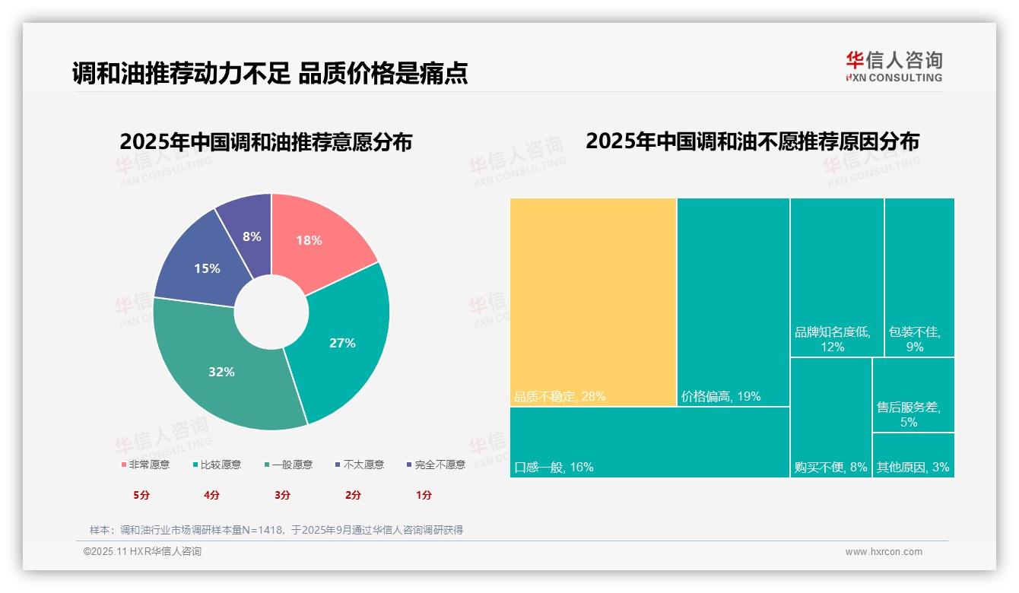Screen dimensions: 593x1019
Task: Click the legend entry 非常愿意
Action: (145, 465)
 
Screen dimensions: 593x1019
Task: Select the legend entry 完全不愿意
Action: (436, 465)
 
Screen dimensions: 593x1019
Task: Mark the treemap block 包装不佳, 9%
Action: (919, 277)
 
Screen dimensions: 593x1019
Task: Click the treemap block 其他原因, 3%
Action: (913, 455)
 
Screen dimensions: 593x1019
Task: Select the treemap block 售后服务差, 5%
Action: (913, 395)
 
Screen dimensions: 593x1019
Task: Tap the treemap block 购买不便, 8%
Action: (830, 417)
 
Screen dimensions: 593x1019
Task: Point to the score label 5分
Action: (141, 495)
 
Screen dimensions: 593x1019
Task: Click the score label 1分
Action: (424, 495)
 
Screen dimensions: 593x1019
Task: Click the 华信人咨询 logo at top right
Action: (894, 66)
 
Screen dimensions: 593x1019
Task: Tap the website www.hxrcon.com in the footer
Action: (884, 552)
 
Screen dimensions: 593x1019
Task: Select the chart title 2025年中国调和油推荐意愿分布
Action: (265, 142)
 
